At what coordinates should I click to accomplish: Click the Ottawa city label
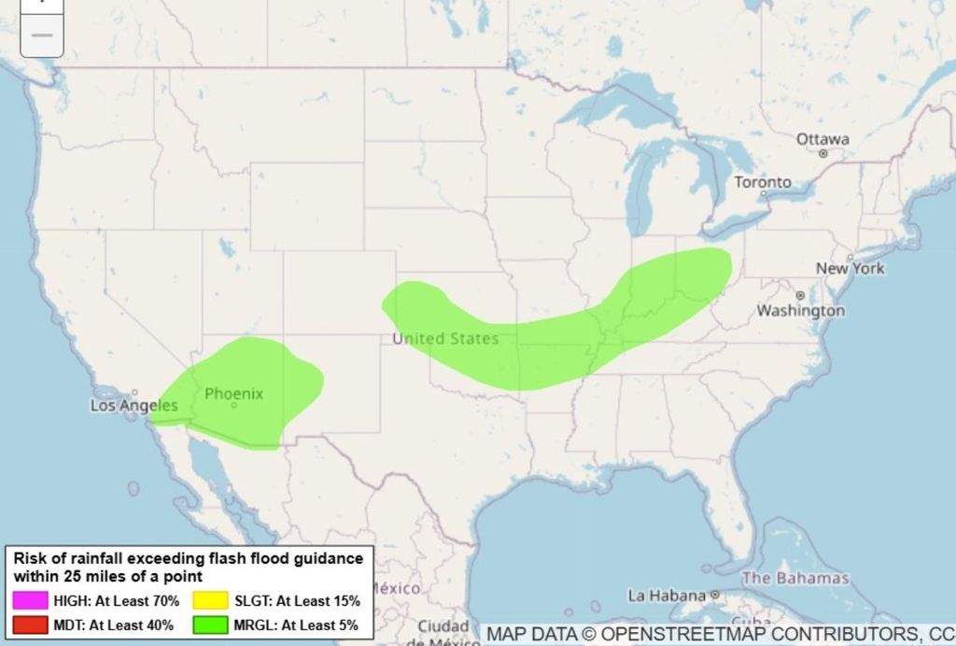point(822,139)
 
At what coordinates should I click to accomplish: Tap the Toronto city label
point(762,182)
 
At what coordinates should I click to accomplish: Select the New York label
point(850,268)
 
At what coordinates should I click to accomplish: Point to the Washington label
point(800,310)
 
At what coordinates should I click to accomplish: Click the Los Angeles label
point(134,406)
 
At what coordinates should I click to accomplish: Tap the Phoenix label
point(233,394)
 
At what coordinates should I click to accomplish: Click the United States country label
point(445,338)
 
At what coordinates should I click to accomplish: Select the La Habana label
point(667,595)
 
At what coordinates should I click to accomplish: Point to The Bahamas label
point(795,578)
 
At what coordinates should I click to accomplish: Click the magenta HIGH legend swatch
point(26,600)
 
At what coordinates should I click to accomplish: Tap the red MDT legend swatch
point(26,625)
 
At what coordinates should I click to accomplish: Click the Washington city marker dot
point(800,295)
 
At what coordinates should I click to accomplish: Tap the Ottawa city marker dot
point(822,153)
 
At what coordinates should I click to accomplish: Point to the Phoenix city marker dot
point(233,405)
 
